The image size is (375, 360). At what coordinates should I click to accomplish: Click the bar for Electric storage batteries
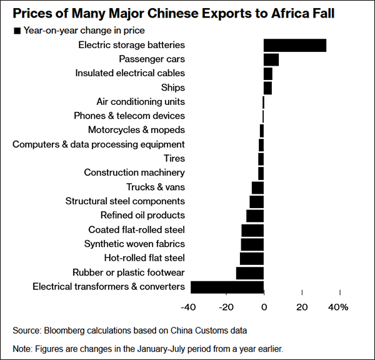[294, 46]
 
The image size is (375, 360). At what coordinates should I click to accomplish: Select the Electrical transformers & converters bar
[227, 287]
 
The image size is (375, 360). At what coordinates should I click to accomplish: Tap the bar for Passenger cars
[271, 59]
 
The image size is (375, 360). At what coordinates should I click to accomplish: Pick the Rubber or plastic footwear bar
[249, 272]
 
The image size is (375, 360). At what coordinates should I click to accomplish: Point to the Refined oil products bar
[254, 216]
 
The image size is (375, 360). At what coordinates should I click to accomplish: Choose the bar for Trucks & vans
[257, 187]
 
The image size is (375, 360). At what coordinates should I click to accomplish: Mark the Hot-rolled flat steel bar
[251, 258]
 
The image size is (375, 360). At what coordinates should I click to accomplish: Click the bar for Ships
[267, 88]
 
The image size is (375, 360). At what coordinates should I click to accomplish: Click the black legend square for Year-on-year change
[17, 31]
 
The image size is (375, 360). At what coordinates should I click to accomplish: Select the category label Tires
[174, 159]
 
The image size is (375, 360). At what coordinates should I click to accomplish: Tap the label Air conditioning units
[141, 102]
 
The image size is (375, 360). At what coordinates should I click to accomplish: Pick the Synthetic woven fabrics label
[134, 244]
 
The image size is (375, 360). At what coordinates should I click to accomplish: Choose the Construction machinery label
[134, 173]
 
